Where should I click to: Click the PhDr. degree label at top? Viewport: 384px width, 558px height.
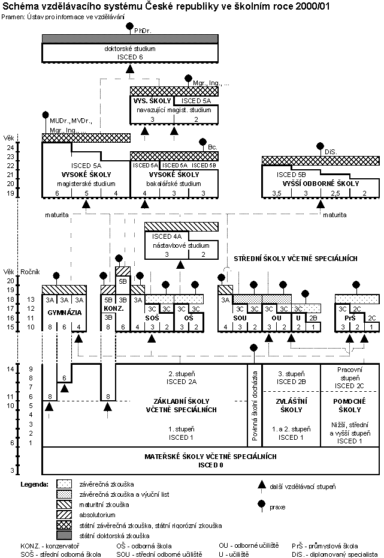pos(142,30)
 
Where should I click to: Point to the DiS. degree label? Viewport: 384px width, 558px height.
pos(329,152)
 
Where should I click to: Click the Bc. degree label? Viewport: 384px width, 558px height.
pos(212,146)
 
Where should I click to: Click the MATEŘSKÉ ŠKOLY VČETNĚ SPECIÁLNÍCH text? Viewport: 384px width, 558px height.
pos(211,457)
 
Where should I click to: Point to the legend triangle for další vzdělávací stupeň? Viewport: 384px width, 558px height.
pos(261,485)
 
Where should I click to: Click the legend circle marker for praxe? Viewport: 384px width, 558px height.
pos(261,506)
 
